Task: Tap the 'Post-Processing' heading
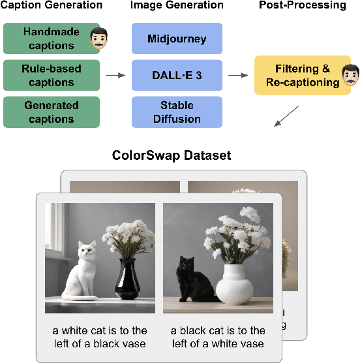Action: tap(303, 6)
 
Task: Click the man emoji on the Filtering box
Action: tap(350, 74)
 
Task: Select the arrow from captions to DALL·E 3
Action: tap(115, 76)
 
